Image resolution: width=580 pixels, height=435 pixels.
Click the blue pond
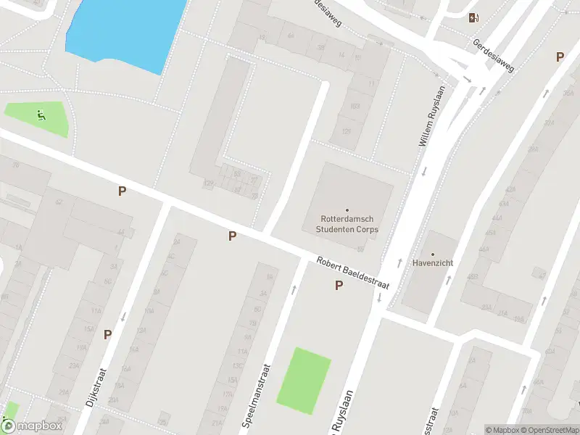(123, 33)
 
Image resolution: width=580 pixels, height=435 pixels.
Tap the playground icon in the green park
(39, 114)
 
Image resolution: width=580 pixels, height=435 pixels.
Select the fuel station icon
(473, 18)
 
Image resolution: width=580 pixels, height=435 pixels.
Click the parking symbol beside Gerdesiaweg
(560, 57)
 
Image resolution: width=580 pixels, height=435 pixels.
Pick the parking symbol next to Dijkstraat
(107, 334)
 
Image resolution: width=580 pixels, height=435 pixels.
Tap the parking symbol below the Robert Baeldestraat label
(339, 286)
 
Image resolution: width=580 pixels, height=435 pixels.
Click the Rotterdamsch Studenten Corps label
(347, 224)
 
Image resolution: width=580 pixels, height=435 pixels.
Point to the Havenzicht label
(433, 263)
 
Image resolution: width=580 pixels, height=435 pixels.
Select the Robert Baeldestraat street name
(352, 273)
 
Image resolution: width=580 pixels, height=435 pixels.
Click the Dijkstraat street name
(96, 389)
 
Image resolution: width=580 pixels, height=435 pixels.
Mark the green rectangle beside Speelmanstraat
(304, 381)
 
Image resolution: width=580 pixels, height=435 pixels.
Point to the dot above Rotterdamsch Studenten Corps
(347, 210)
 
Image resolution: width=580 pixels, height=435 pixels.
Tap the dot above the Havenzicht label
(433, 254)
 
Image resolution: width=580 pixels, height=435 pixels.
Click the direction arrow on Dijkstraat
(124, 316)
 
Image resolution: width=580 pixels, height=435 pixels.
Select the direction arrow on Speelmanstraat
(294, 289)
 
